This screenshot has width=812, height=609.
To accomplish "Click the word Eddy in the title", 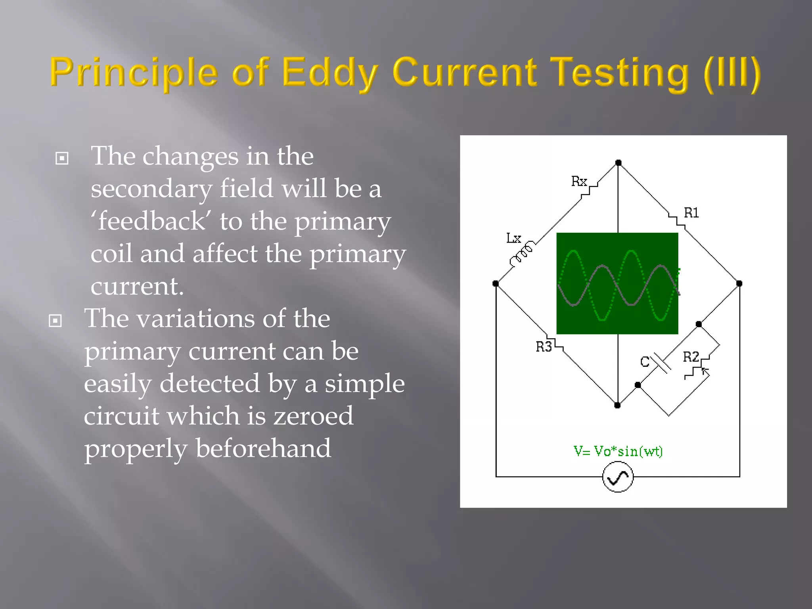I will [329, 73].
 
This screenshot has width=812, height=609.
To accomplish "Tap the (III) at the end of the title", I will [732, 73].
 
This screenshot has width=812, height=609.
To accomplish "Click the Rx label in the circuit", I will [579, 181].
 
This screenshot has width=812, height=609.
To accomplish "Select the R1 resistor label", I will [691, 213].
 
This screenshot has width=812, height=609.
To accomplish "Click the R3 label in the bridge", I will [544, 347].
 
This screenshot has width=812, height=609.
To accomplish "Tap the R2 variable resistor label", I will [691, 357].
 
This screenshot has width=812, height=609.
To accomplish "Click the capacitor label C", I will [645, 362].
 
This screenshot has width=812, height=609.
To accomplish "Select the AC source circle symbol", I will [618, 477].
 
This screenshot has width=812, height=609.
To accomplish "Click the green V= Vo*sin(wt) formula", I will [618, 451].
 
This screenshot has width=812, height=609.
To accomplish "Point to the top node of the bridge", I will [618, 163].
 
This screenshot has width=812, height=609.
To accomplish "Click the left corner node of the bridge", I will [496, 283].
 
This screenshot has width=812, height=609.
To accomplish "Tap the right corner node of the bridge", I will [739, 283].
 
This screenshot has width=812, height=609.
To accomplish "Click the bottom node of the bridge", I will [617, 405].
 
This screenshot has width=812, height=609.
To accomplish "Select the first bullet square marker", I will [62, 158].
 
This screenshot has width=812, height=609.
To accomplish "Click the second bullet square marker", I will [55, 320].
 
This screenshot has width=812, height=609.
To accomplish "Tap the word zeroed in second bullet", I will [313, 416].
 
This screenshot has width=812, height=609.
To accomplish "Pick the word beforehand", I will [263, 448].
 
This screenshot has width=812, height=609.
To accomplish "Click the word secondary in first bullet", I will [151, 189].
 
